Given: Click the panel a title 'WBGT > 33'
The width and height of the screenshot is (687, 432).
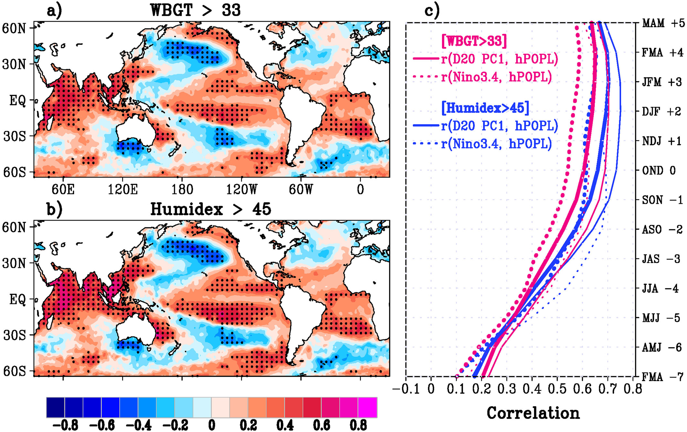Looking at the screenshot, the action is pyautogui.click(x=196, y=10).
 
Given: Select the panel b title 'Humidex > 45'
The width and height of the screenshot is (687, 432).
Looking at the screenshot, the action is pyautogui.click(x=211, y=209).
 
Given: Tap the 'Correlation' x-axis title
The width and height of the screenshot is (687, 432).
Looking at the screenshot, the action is pyautogui.click(x=533, y=413).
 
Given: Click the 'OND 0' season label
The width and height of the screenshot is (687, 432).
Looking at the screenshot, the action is pyautogui.click(x=659, y=170).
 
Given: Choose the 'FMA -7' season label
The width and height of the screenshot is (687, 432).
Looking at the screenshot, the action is pyautogui.click(x=662, y=377).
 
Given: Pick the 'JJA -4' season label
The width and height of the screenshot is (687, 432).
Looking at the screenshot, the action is pyautogui.click(x=661, y=288).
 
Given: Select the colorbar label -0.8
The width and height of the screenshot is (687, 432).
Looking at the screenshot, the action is pyautogui.click(x=65, y=425).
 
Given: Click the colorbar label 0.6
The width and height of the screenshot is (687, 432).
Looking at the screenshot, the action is pyautogui.click(x=322, y=425).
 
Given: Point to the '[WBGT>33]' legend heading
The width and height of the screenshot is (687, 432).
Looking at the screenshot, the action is pyautogui.click(x=474, y=41).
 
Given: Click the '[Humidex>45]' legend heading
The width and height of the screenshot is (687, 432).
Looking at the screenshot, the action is pyautogui.click(x=485, y=108).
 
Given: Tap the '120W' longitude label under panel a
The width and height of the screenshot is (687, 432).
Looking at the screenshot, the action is pyautogui.click(x=241, y=190).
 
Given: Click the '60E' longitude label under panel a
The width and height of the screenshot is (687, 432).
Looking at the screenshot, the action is pyautogui.click(x=63, y=190).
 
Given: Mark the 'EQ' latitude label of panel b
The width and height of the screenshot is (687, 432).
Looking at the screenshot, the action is pyautogui.click(x=17, y=299).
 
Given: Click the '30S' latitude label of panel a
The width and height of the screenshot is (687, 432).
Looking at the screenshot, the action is pyautogui.click(x=15, y=136).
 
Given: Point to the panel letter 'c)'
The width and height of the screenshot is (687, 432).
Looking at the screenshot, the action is pyautogui.click(x=432, y=11).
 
